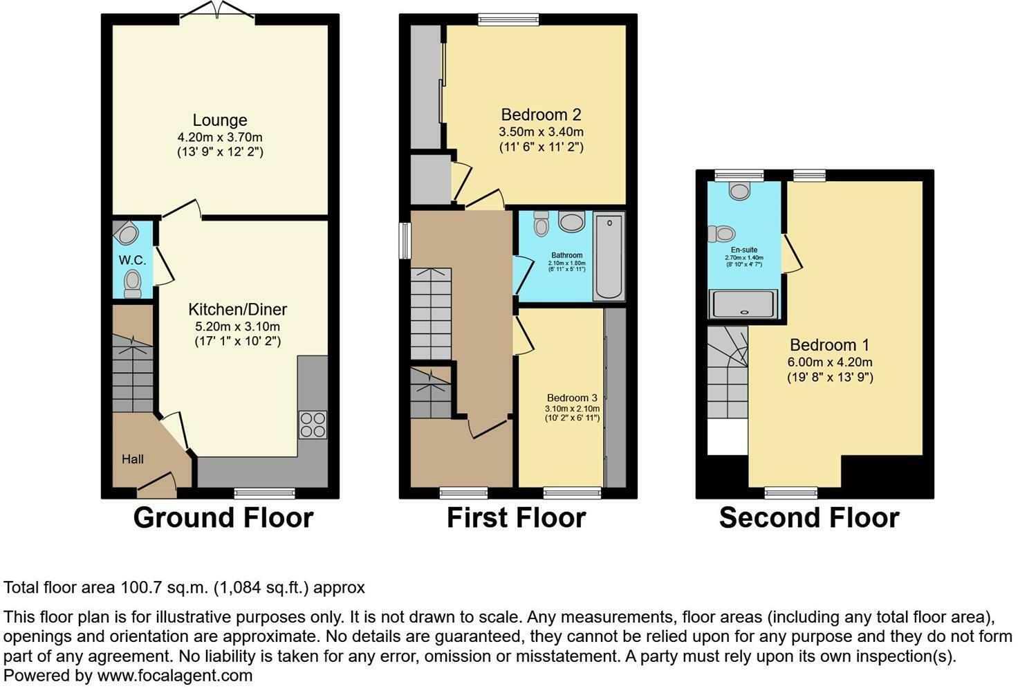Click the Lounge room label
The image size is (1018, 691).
(x=219, y=120)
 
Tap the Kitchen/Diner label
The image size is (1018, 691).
(x=237, y=310)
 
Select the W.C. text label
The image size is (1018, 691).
(x=132, y=260)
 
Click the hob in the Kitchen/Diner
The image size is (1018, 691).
(x=312, y=425)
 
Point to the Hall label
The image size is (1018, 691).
(x=133, y=459)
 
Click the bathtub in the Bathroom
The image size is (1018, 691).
(x=609, y=257)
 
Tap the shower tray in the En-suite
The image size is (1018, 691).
(x=743, y=304)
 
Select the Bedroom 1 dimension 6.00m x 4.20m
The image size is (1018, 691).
(x=829, y=362)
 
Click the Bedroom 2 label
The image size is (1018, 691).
(x=541, y=115)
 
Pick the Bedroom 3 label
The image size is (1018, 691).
(x=572, y=398)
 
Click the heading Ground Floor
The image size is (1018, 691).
(x=223, y=518)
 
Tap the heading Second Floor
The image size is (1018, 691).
(x=808, y=518)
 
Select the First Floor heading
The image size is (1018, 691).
(x=516, y=518)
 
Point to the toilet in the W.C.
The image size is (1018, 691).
(x=132, y=284)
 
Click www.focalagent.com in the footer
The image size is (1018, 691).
(x=174, y=676)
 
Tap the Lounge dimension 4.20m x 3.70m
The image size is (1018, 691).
(x=219, y=137)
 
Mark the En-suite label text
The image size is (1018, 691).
(x=743, y=250)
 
